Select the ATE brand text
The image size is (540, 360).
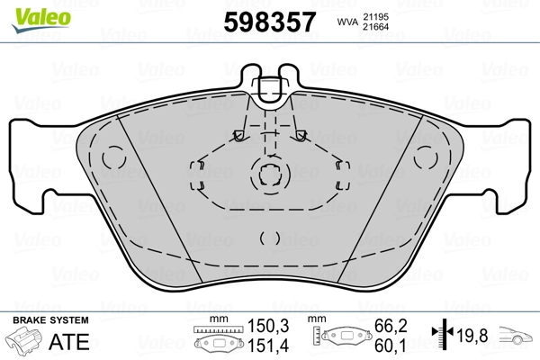[72, 341]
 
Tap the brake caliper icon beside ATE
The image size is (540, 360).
[26, 343]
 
